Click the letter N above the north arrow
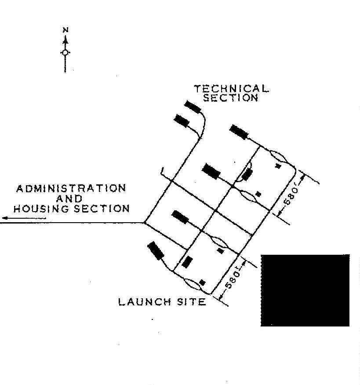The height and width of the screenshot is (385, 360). tap(65, 30)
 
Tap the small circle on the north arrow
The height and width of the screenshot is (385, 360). tap(65, 52)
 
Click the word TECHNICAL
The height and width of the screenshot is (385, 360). tap(231, 88)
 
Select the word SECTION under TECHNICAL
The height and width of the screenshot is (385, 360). tap(231, 98)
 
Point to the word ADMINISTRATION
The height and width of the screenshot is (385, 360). tap(71, 188)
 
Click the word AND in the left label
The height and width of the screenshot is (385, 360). tap(69, 198)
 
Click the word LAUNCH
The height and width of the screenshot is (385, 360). tap(145, 302)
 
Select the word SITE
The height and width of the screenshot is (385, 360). tap(192, 302)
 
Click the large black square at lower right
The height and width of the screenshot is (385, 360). tap(305, 290)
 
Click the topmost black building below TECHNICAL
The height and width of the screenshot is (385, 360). tap(193, 107)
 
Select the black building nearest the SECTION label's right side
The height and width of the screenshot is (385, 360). tap(239, 132)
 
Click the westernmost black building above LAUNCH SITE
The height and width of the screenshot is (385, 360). tap(156, 251)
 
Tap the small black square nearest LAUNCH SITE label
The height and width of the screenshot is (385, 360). tap(202, 282)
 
